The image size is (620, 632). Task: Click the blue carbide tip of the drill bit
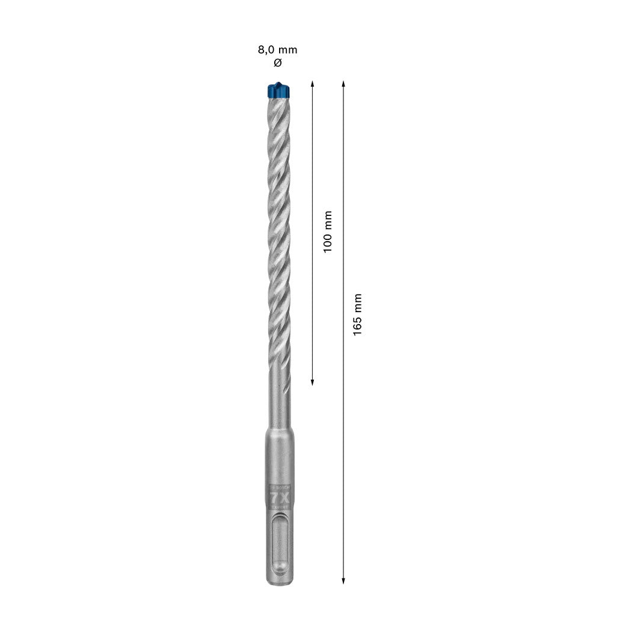[x=277, y=90]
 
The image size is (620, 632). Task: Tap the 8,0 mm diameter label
[x=277, y=50]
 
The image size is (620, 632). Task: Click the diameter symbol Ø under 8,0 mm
[x=277, y=63]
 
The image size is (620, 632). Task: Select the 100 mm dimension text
[x=328, y=232]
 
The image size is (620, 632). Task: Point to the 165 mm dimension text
[x=358, y=314]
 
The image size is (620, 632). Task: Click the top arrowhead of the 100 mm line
[x=312, y=83]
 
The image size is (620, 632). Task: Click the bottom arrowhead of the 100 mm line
[x=312, y=381]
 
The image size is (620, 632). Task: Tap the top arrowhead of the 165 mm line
[x=343, y=83]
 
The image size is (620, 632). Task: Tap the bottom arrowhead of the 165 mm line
[x=343, y=580]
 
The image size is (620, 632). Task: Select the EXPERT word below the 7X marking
[x=280, y=508]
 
